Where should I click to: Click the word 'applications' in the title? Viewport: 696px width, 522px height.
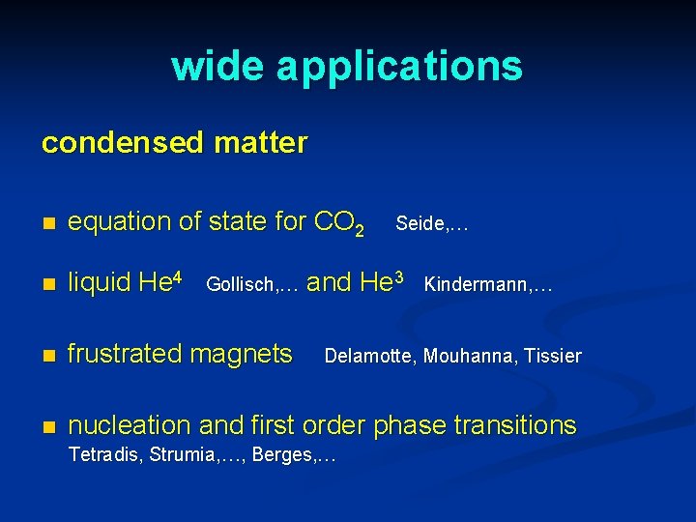[399, 68]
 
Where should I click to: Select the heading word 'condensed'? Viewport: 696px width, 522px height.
[120, 143]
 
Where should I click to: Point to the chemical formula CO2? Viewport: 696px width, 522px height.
[339, 223]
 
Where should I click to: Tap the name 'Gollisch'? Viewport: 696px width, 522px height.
[241, 285]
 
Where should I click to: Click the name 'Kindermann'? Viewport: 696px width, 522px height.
[476, 285]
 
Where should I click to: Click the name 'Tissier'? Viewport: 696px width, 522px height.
[553, 357]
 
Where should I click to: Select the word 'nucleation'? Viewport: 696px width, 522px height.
[130, 425]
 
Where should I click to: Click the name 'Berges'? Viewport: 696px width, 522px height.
[281, 455]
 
